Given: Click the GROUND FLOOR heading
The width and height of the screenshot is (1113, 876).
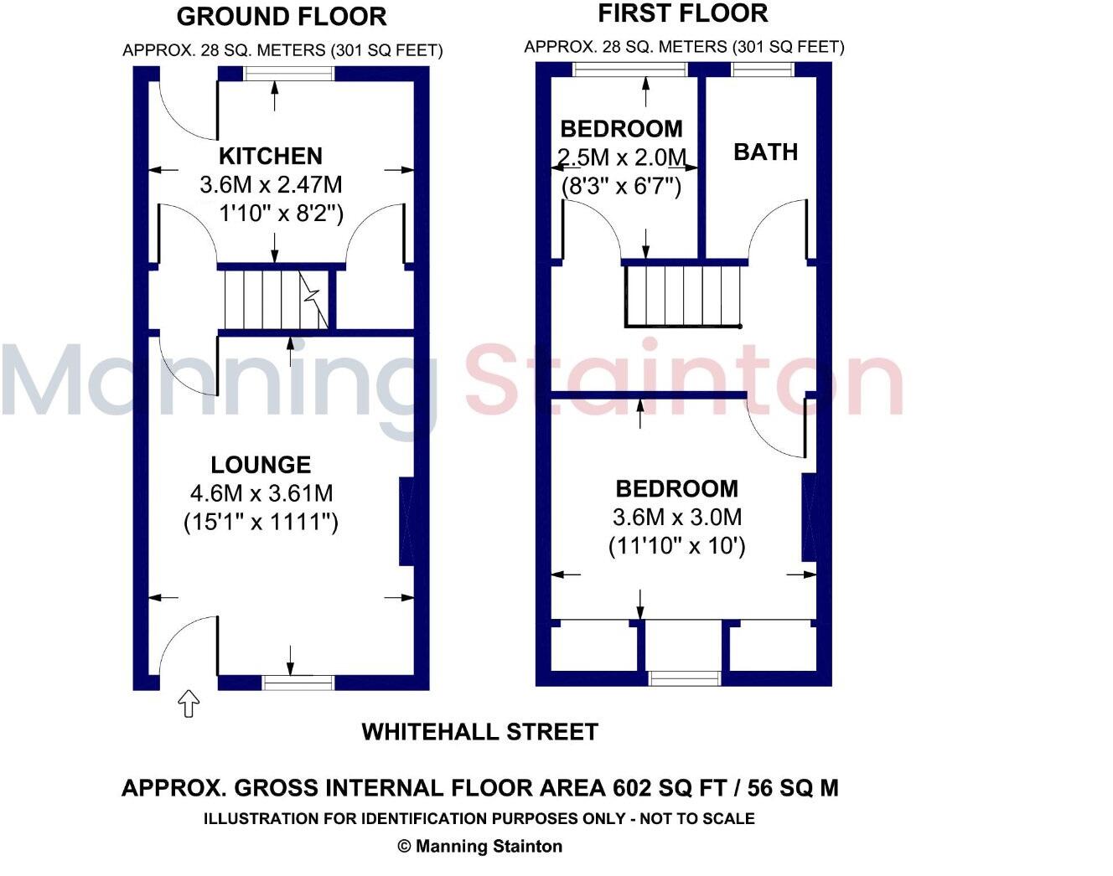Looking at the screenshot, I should [x=282, y=16].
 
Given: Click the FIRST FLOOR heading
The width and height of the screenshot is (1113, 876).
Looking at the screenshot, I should [x=682, y=13].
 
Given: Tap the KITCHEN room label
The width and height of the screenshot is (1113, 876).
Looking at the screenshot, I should [x=270, y=156].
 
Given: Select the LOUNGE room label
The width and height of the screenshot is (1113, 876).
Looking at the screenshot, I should [x=261, y=465].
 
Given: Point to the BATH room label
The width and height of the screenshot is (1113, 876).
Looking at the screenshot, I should [x=765, y=152].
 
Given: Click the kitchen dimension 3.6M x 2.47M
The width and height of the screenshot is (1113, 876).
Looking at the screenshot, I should [x=270, y=184].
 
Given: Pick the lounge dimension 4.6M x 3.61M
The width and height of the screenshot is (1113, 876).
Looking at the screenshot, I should [x=261, y=493].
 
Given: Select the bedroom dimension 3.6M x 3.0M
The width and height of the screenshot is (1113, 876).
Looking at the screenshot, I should [x=676, y=517].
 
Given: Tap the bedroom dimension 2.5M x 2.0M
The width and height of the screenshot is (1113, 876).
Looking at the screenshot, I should [x=621, y=157].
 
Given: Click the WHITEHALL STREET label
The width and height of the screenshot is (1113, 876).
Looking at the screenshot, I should [x=479, y=731].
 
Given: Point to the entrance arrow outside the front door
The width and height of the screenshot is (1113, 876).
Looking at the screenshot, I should [x=189, y=703].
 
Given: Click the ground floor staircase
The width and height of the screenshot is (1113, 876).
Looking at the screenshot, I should [x=272, y=299].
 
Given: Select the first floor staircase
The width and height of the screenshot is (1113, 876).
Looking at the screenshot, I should [x=684, y=295].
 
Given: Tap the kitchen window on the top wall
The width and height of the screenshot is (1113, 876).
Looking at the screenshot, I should [x=289, y=74].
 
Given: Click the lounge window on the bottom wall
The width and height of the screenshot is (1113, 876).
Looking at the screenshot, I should [x=298, y=683].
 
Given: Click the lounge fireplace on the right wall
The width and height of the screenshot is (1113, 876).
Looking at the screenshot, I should [x=406, y=521].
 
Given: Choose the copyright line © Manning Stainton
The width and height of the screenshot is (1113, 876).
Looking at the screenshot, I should [x=479, y=846].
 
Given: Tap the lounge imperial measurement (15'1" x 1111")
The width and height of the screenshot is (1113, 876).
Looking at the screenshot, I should [x=261, y=523].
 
